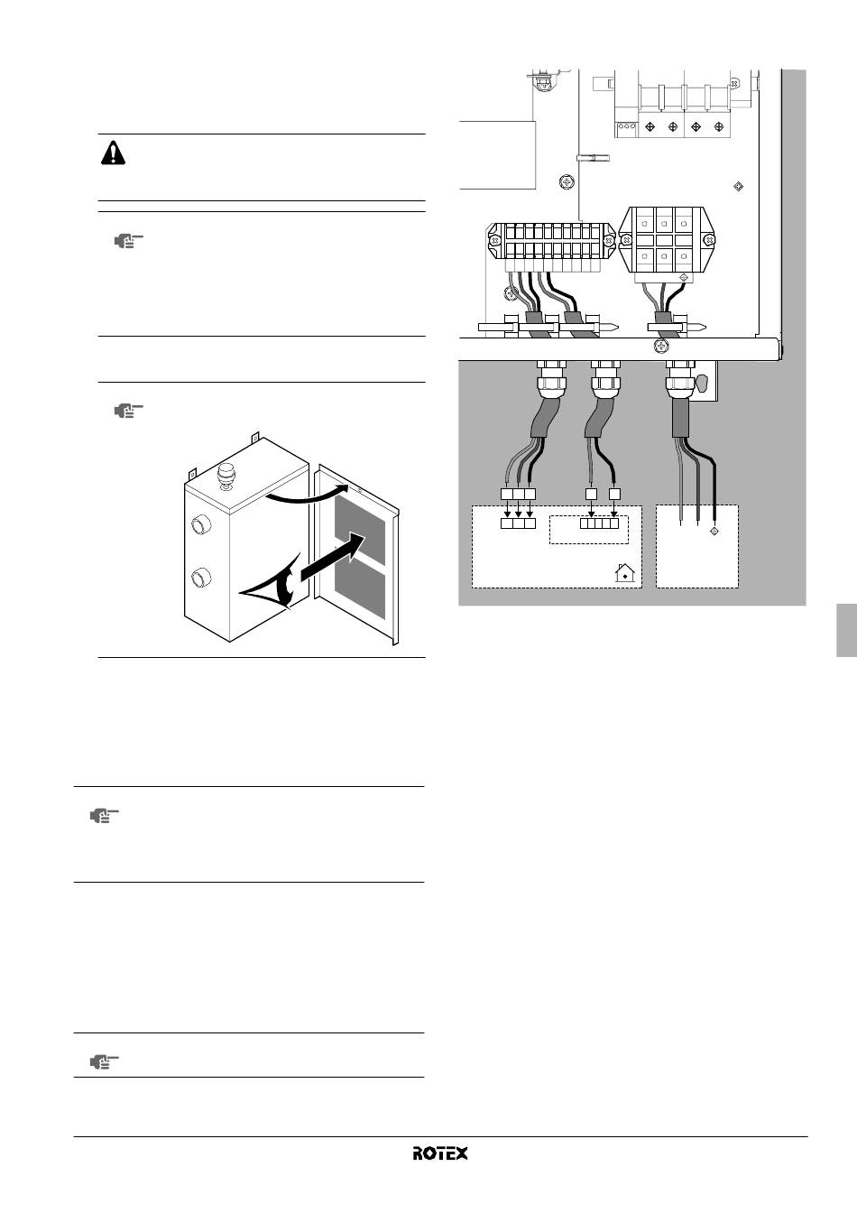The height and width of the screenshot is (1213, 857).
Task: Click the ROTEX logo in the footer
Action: point(440,1153)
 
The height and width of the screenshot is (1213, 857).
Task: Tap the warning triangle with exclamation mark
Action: point(113,153)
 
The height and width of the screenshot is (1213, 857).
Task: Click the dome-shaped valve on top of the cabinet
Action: point(226,477)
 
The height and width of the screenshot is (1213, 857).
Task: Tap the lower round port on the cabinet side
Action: point(201,577)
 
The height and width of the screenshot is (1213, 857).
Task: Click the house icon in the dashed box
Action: point(625,573)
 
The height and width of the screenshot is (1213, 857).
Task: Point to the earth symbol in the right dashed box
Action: point(714,532)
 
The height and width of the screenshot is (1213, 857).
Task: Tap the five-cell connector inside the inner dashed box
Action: point(599,523)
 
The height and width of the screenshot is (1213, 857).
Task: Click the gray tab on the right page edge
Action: point(847,630)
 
